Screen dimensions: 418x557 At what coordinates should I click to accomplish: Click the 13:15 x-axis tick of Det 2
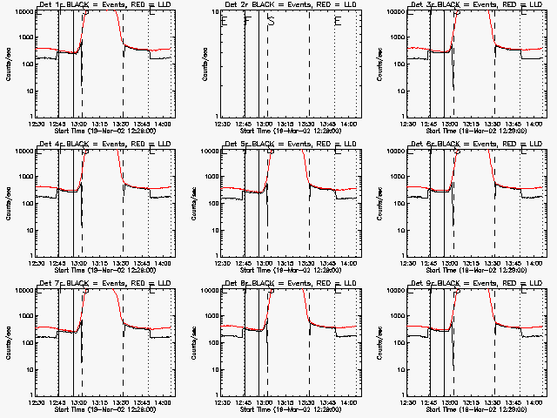[287, 125]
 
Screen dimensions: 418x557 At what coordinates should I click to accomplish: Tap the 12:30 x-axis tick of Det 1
[37, 125]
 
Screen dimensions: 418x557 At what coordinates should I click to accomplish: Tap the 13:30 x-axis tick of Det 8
[309, 402]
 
